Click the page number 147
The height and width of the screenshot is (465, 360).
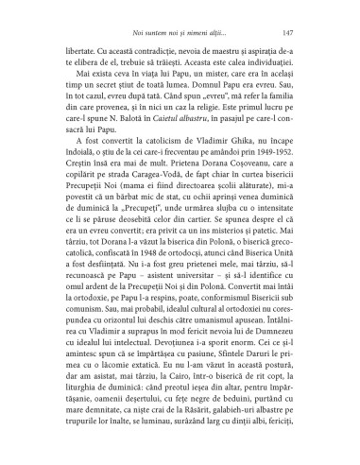pos(300,31)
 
